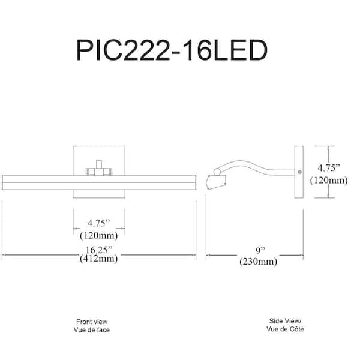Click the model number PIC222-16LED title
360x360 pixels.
click(171, 50)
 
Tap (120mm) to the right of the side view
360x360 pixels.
click(329, 179)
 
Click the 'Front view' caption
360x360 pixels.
click(92, 322)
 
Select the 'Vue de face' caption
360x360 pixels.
click(92, 330)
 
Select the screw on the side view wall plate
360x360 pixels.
click(299, 172)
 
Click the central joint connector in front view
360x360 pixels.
click(99, 169)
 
